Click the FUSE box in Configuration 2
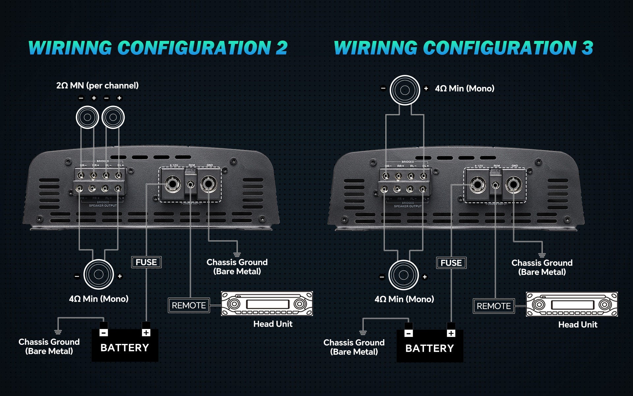pos(146,262)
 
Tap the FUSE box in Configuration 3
pos(451,263)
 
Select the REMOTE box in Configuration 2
pos(189,305)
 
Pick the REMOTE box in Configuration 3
pos(494,306)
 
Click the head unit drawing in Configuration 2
pos(267,304)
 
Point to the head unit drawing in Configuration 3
pos(572,304)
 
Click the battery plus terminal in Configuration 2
pos(146,333)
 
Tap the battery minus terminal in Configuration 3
pos(408,333)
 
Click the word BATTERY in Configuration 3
pos(430,348)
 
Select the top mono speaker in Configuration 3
pos(405,90)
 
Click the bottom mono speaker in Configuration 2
pos(99,275)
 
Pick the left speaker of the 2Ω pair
pos(87,117)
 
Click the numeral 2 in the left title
pos(282,48)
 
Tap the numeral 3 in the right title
pos(587,48)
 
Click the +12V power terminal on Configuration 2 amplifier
pos(172,184)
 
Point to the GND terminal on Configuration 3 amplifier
pos(513,184)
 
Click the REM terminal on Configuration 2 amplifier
pos(191,184)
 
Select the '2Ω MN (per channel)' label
pos(97,86)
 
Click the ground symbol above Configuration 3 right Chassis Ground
pos(542,255)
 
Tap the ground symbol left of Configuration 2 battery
pos(58,332)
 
